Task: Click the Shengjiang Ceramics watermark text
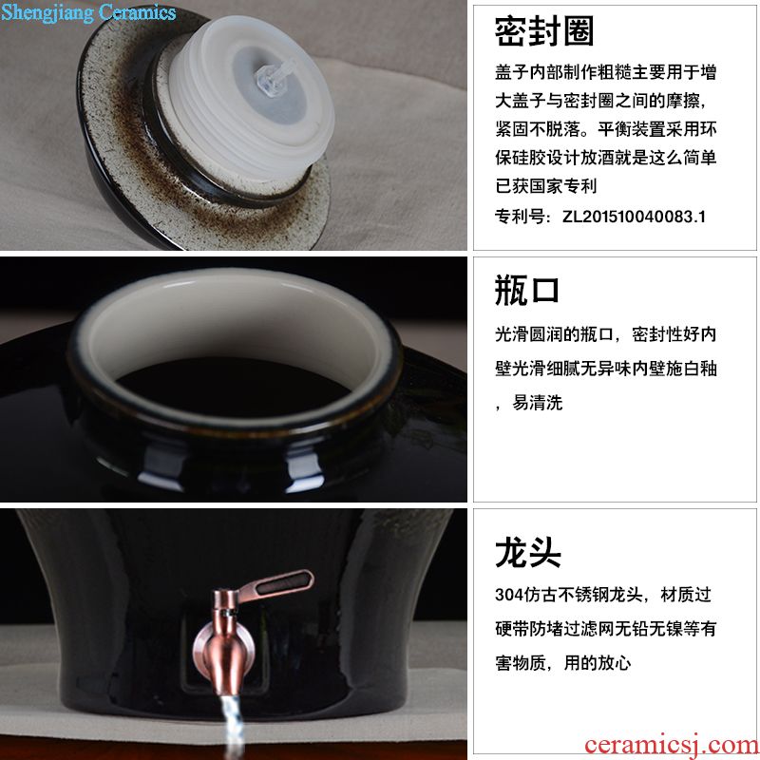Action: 88,13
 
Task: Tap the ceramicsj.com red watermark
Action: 672,746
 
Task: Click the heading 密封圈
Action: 544,31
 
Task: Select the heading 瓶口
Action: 527,291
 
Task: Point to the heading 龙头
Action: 528,552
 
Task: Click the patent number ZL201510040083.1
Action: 634,217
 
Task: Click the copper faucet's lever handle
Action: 275,586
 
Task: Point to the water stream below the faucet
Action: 232,728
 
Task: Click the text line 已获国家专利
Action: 545,185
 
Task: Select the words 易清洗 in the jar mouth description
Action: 538,402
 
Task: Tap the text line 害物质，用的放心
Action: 563,662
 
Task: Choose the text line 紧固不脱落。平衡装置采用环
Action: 606,129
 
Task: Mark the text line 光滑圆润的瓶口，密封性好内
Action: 606,334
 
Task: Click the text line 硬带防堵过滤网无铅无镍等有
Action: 606,629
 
